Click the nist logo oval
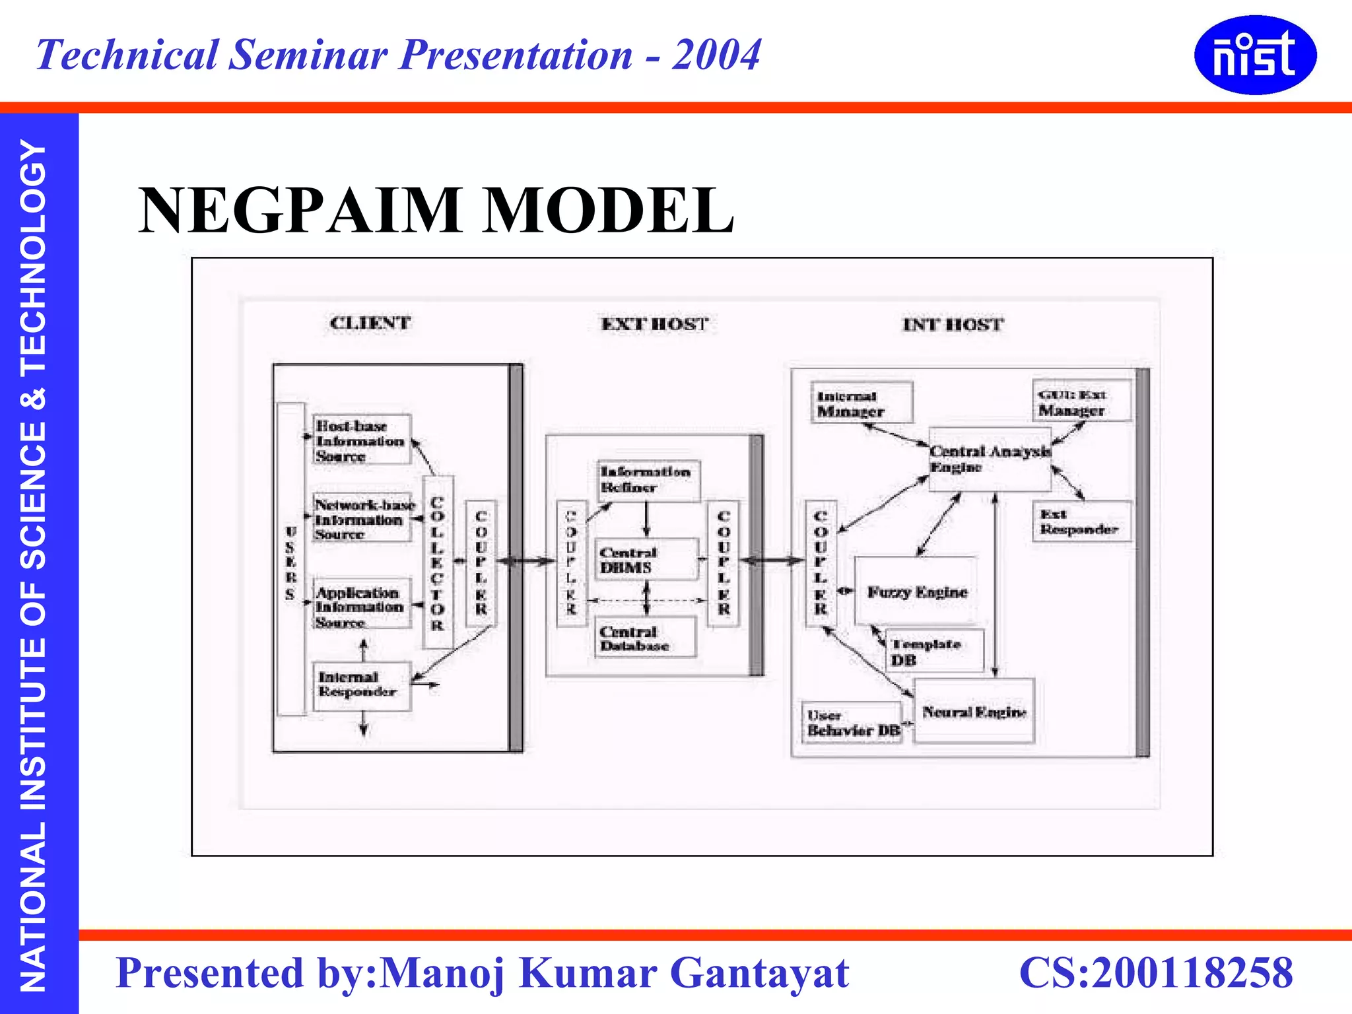[1255, 55]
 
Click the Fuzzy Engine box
[916, 591]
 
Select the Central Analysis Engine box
[990, 459]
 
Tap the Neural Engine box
[973, 712]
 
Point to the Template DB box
[933, 652]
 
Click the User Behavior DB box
[852, 723]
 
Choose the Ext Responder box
[1081, 522]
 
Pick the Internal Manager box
[862, 403]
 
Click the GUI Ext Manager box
[1080, 401]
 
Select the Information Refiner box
[648, 480]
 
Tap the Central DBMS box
[646, 559]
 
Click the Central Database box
[645, 638]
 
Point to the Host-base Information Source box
[362, 440]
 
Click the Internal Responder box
[361, 685]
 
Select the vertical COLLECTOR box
[437, 562]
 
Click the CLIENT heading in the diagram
[370, 323]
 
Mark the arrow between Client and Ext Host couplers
[526, 561]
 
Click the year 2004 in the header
[716, 54]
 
